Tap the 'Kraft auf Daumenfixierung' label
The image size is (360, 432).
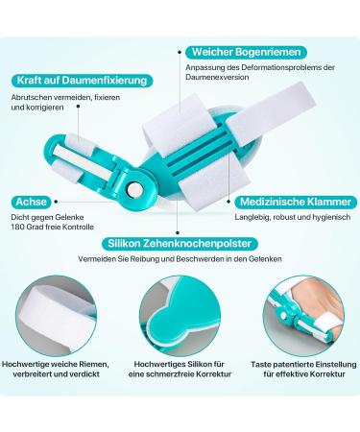pyautogui.click(x=69, y=84)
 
